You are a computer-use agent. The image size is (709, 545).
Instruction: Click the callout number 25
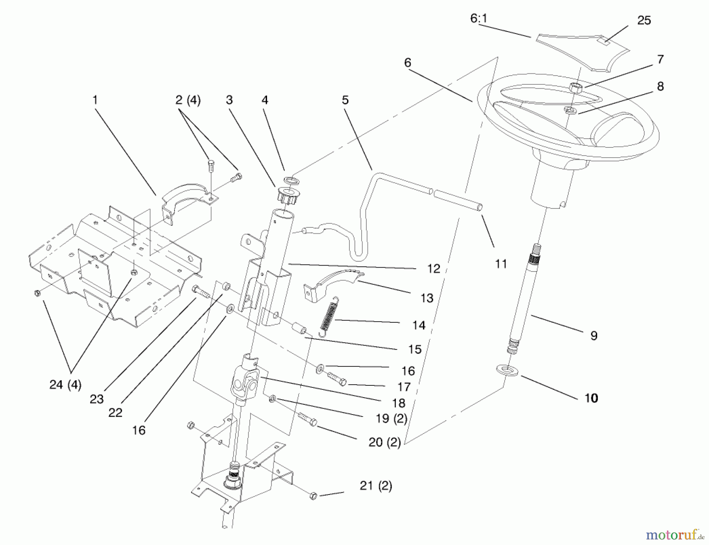tap(644, 20)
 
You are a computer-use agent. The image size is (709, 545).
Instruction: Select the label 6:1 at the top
tap(479, 18)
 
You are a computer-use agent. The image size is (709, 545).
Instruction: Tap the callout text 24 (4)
tap(65, 385)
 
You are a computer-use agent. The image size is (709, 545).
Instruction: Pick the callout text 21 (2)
tap(375, 486)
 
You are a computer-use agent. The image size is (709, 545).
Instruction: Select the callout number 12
tap(433, 269)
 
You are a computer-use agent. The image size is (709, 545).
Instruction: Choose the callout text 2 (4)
tap(187, 100)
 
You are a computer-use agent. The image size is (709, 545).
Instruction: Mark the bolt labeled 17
tap(337, 379)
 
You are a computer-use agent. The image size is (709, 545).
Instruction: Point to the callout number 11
tap(501, 264)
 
